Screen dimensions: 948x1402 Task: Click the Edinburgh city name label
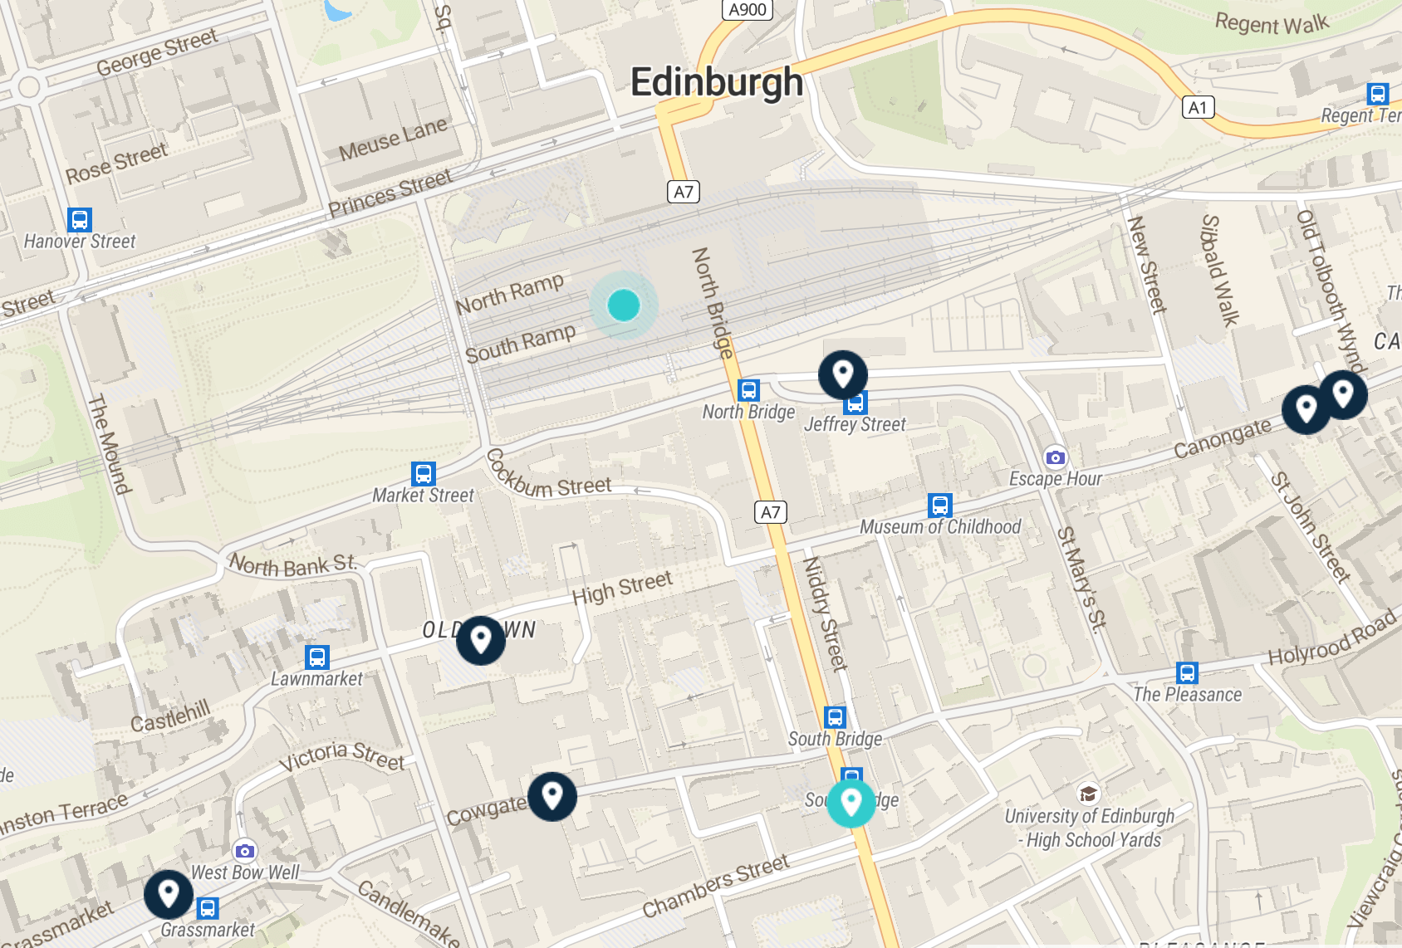point(716,83)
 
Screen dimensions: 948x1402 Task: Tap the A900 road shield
point(748,10)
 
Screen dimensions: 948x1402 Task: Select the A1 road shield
point(1197,107)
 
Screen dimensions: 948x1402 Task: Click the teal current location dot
point(624,305)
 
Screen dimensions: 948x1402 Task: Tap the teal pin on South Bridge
point(851,802)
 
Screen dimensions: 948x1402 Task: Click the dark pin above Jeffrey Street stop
point(842,374)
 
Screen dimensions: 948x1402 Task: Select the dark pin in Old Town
point(480,639)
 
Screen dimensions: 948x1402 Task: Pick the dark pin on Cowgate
point(552,795)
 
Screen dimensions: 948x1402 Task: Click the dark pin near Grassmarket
point(169,893)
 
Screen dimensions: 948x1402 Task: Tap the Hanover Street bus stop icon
point(80,220)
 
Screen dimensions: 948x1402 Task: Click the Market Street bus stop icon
point(424,474)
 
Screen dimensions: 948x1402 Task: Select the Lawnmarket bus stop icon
point(317,657)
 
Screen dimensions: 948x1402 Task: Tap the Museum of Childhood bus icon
point(940,506)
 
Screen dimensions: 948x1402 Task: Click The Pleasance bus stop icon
point(1188,673)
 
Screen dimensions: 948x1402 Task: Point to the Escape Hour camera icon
point(1055,457)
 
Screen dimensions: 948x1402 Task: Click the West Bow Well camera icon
point(244,851)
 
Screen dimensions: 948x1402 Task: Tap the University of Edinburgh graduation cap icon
point(1088,794)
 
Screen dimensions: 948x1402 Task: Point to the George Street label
point(157,51)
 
